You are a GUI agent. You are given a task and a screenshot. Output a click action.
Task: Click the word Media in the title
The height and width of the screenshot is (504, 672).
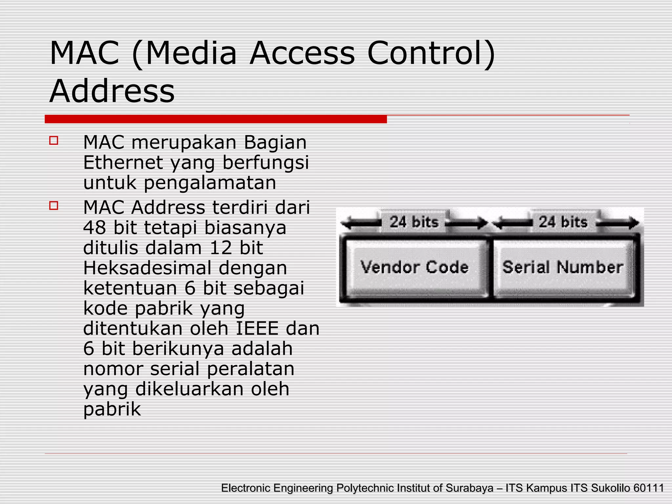191,53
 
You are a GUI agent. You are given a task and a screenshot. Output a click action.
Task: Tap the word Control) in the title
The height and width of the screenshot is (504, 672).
431,53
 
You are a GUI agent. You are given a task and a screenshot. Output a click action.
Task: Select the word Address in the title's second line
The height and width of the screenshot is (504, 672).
112,91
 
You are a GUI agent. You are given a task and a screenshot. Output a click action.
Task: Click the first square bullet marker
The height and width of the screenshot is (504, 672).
53,141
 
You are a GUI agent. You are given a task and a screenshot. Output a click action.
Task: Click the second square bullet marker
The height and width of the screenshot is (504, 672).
53,206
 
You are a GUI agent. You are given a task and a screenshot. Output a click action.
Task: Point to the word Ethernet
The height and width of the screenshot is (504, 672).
123,162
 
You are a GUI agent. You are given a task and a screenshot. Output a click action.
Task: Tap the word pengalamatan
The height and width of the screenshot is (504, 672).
210,183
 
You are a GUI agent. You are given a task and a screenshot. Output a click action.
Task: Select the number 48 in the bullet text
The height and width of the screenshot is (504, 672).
94,227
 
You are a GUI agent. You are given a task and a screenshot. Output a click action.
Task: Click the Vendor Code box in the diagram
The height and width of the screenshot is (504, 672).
414,267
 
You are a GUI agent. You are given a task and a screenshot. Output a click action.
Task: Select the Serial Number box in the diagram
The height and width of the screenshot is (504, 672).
563,267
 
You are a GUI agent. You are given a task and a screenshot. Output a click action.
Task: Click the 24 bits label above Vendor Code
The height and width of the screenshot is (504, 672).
414,222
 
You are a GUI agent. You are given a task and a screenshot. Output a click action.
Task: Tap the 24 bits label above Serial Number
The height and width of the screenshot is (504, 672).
563,222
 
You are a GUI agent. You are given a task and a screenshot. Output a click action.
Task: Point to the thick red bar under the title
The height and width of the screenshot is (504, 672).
216,119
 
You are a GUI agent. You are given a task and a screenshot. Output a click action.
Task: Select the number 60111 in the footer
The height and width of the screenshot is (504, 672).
648,488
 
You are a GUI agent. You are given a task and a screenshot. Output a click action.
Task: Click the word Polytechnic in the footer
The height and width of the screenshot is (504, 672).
365,488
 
